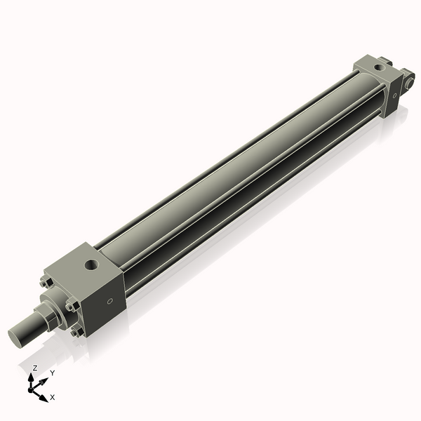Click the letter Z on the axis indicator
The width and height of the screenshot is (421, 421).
(x=35, y=368)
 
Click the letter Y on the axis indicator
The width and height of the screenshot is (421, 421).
(x=52, y=373)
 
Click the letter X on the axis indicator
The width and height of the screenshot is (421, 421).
(x=53, y=397)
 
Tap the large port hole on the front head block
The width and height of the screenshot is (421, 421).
(x=91, y=266)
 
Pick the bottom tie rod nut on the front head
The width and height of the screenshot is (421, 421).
(x=75, y=333)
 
